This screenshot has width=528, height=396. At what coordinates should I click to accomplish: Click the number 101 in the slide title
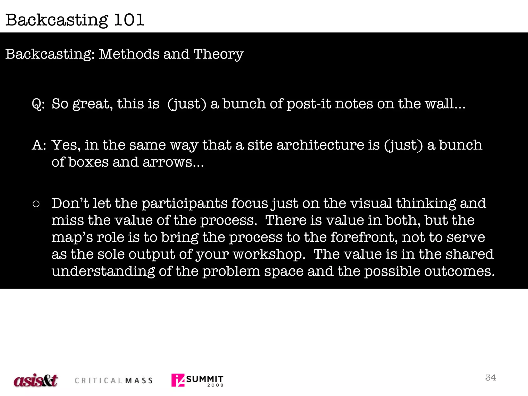pyautogui.click(x=129, y=20)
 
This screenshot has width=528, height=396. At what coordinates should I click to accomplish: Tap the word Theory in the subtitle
pyautogui.click(x=218, y=54)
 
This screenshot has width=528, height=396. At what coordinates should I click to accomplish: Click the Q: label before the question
pyautogui.click(x=38, y=104)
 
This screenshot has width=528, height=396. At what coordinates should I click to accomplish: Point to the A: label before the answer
pyautogui.click(x=39, y=145)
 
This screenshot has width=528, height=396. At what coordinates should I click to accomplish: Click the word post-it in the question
pyautogui.click(x=309, y=104)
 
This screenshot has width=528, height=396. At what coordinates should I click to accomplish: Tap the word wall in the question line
pyautogui.click(x=439, y=104)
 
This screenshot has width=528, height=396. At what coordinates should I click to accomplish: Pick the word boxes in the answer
pyautogui.click(x=88, y=162)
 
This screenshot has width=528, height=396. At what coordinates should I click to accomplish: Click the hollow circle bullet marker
pyautogui.click(x=36, y=204)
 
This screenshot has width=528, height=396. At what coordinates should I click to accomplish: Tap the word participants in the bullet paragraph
pyautogui.click(x=184, y=204)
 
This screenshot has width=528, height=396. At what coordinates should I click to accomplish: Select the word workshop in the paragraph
pyautogui.click(x=268, y=254)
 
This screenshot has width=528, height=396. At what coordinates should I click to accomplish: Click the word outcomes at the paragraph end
pyautogui.click(x=459, y=271)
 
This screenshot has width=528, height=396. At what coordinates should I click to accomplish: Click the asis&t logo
pyautogui.click(x=36, y=380)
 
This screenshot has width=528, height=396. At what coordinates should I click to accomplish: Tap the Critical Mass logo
pyautogui.click(x=113, y=381)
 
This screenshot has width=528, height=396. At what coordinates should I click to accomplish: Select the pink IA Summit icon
pyautogui.click(x=178, y=380)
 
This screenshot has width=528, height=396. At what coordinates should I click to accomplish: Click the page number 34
pyautogui.click(x=490, y=378)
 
